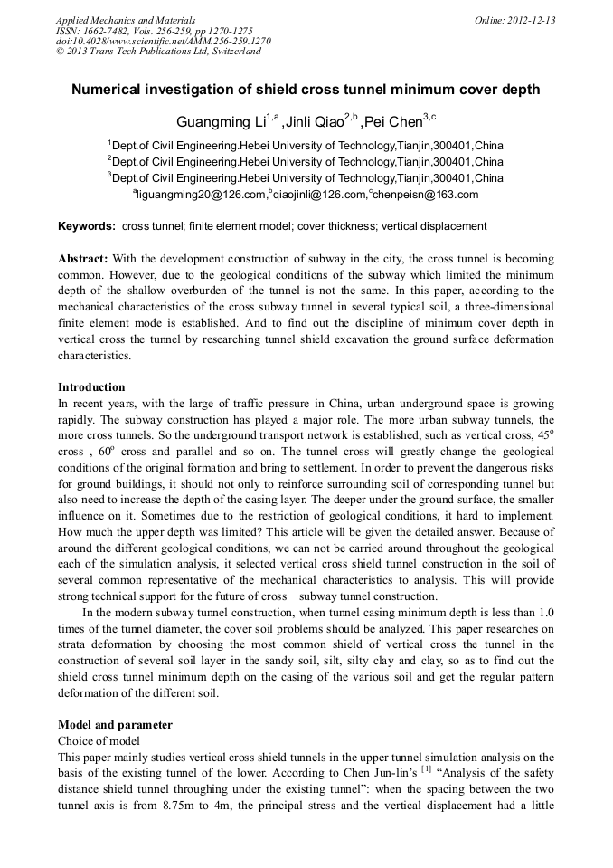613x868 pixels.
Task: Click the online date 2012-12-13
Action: coord(530,20)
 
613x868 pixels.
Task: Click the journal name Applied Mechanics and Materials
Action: coord(125,20)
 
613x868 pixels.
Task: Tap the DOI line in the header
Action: coord(163,41)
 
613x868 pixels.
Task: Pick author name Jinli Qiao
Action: coord(316,122)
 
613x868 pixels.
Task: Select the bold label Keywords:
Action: coord(87,226)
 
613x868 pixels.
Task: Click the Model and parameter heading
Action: coord(115,725)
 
